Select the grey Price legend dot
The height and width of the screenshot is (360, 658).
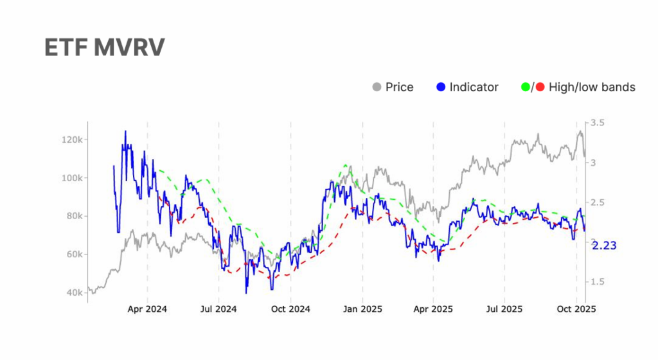377,87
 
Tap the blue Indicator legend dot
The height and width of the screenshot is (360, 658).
441,87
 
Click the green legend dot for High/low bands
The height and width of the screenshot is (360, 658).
526,87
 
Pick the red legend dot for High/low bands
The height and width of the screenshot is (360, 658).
540,87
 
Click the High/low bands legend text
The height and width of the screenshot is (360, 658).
592,87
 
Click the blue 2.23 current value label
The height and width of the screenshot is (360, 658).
604,245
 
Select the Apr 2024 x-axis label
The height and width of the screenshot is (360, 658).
147,309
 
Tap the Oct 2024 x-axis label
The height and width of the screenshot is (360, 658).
290,309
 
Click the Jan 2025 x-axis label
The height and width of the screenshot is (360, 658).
362,309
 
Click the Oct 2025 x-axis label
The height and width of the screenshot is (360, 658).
576,309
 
